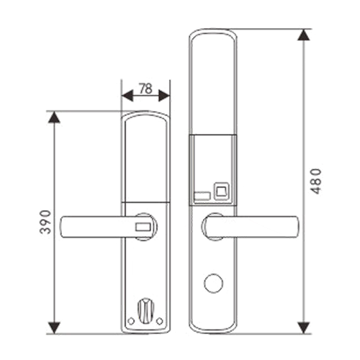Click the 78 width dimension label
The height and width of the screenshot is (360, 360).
145,89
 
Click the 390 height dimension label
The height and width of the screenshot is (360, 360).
45,222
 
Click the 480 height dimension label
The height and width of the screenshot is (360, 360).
315,181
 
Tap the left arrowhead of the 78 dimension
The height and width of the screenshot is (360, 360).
127,96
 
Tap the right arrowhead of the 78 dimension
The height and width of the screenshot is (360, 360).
164,96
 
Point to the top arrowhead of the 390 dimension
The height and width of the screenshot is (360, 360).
54,117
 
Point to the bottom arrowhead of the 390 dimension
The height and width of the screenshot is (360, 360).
54,328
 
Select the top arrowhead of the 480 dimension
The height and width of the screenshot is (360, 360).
304,35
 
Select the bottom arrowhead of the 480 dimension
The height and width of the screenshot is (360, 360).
304,328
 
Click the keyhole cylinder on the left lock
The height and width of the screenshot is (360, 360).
145,311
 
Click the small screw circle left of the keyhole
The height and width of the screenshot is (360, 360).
131,321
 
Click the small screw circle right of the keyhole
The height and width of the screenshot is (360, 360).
160,321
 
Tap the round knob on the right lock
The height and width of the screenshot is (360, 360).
213,283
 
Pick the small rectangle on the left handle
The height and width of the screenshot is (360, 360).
143,227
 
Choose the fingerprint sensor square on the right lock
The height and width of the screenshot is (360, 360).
222,191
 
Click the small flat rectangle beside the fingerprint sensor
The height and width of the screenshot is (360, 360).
202,196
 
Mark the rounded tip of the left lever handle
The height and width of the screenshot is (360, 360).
63,227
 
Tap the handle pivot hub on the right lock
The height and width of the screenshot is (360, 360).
207,227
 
